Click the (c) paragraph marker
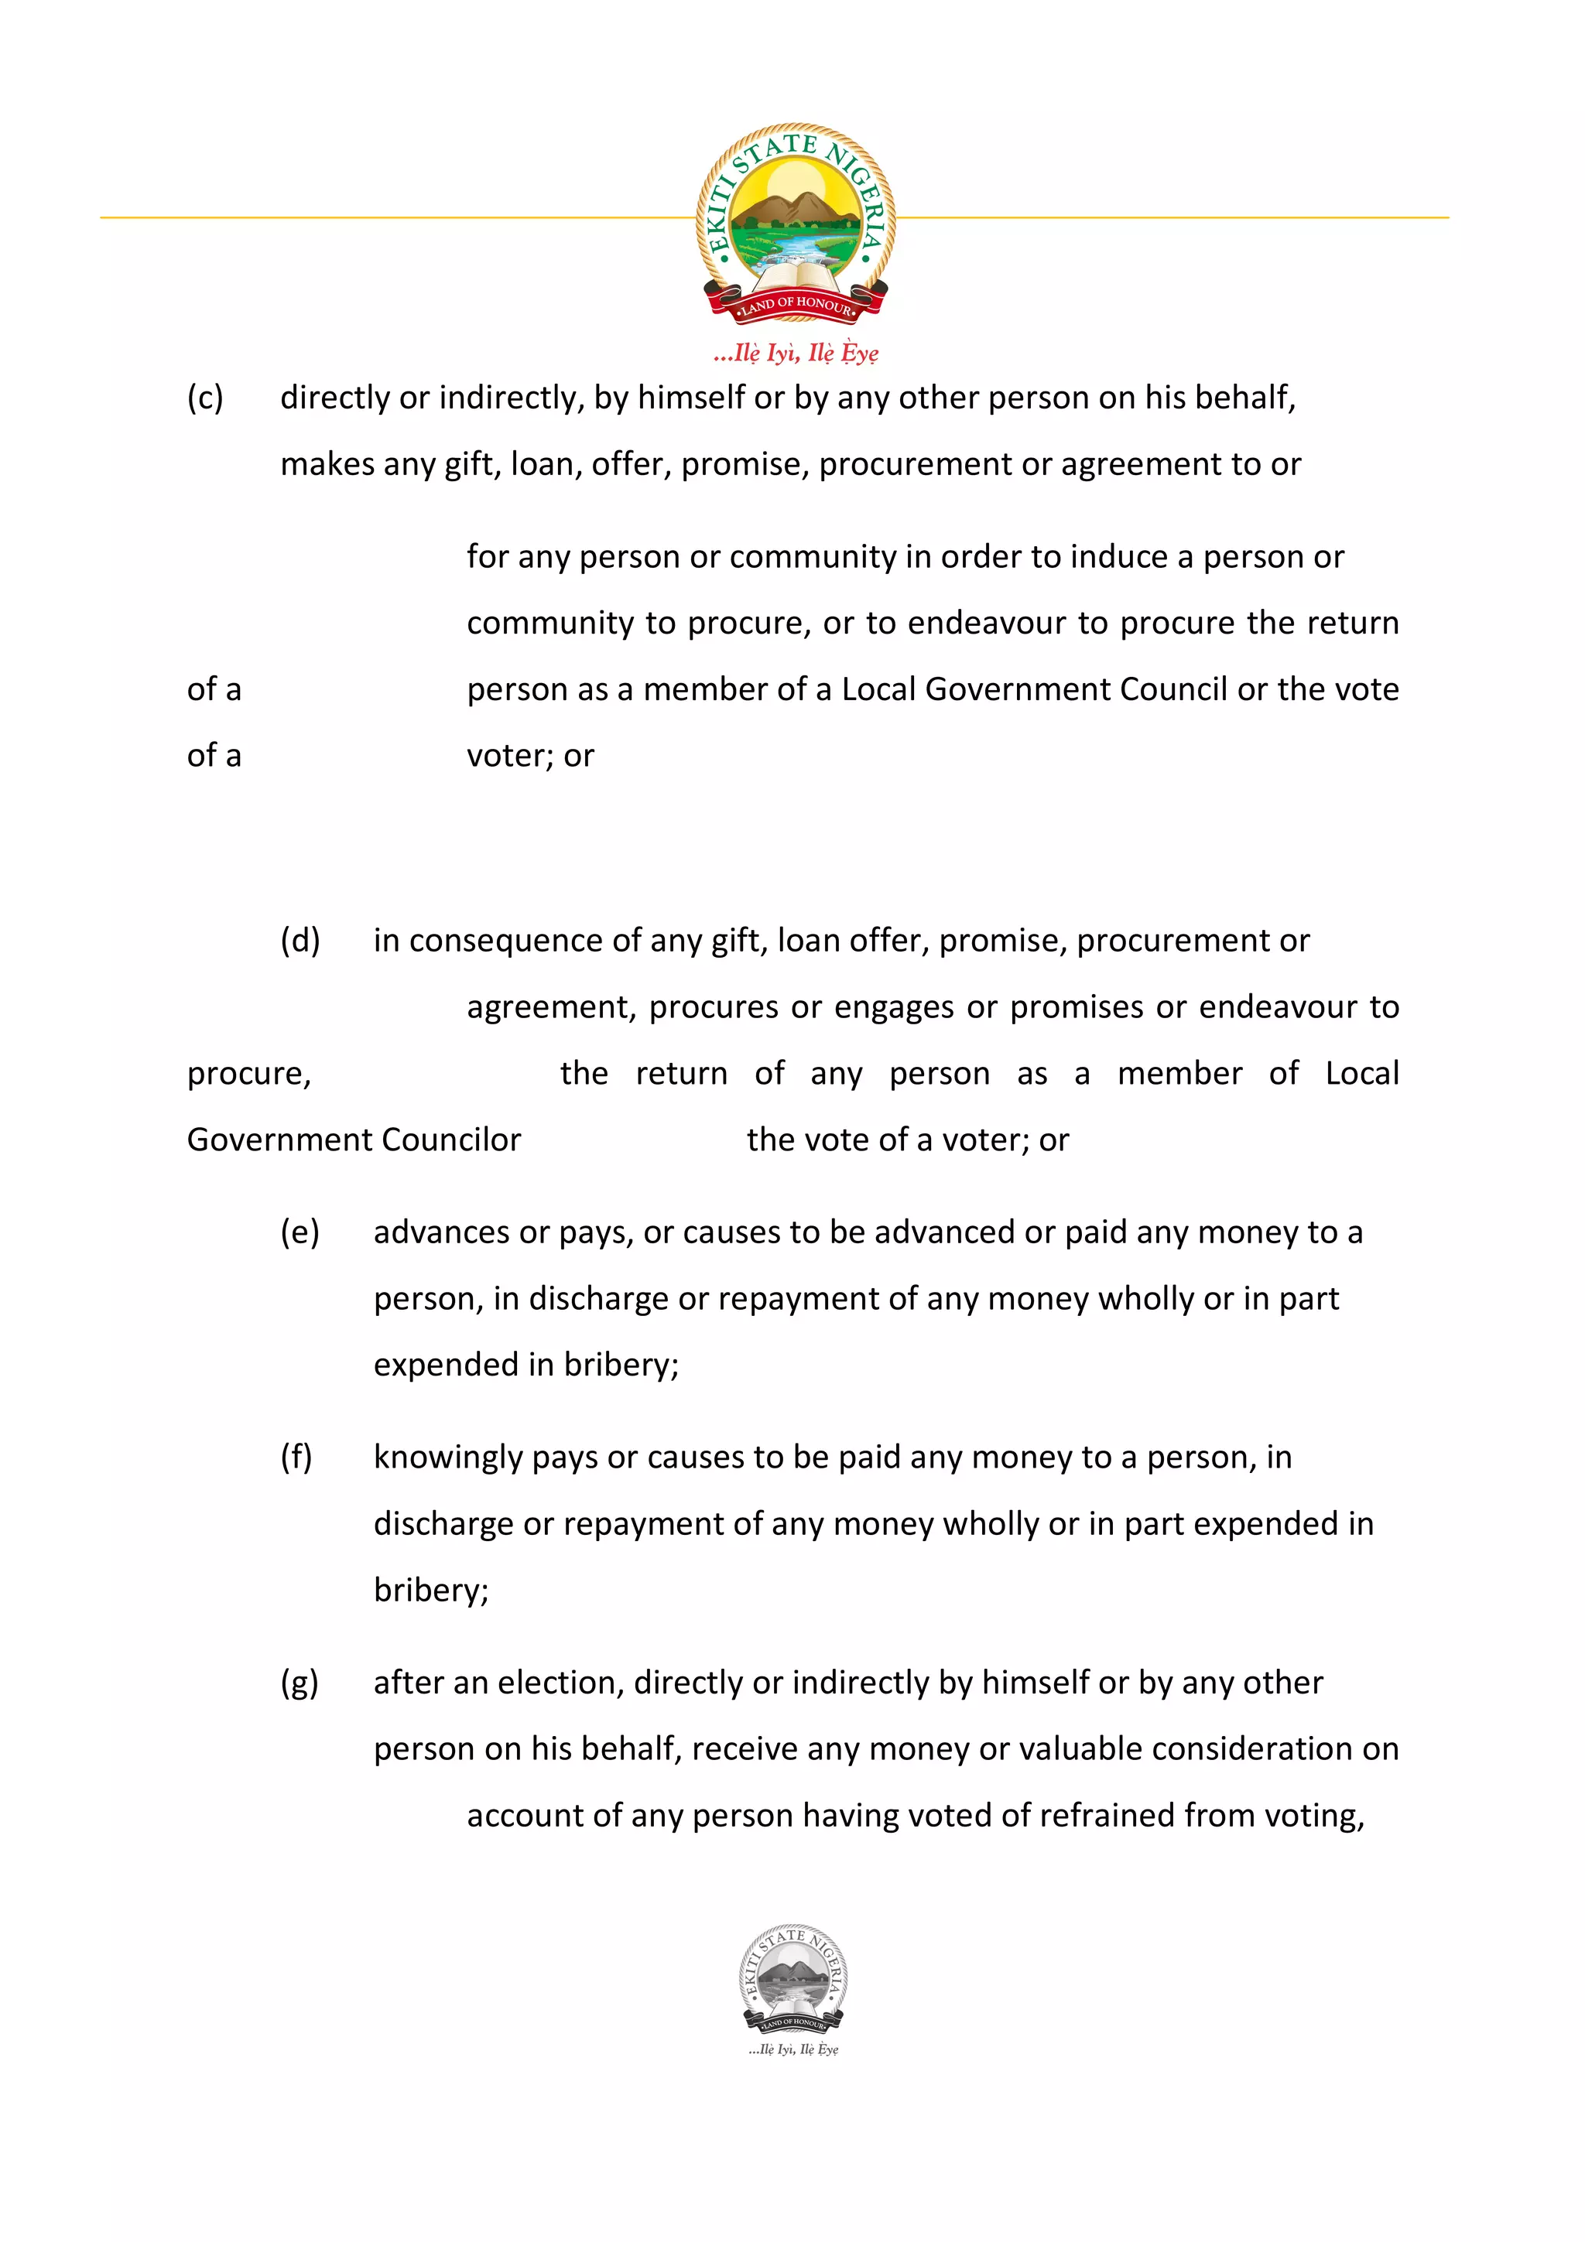(x=205, y=398)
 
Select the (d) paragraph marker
(x=300, y=940)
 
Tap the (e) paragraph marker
(x=299, y=1232)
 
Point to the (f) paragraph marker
(x=296, y=1457)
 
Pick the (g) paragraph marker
(x=299, y=1683)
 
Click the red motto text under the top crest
(x=796, y=353)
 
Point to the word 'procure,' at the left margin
(x=249, y=1073)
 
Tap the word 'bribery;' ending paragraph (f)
(x=430, y=1591)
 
